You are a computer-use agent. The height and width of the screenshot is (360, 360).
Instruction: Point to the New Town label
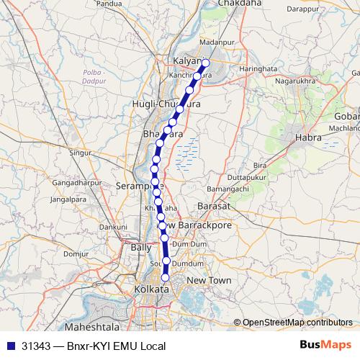tap(208, 279)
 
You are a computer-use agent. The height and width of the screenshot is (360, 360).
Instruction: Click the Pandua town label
tap(128, 4)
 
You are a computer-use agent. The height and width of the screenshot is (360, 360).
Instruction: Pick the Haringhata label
tap(238, 69)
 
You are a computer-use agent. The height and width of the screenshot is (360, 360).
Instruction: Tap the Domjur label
tap(75, 253)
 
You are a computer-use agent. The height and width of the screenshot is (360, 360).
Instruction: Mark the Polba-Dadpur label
tap(100, 76)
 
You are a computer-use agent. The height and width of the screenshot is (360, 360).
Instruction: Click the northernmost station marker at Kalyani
tap(205, 63)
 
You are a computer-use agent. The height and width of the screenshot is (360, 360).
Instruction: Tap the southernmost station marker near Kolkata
tap(166, 278)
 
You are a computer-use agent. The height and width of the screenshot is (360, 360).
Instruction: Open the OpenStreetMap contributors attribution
tap(297, 323)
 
